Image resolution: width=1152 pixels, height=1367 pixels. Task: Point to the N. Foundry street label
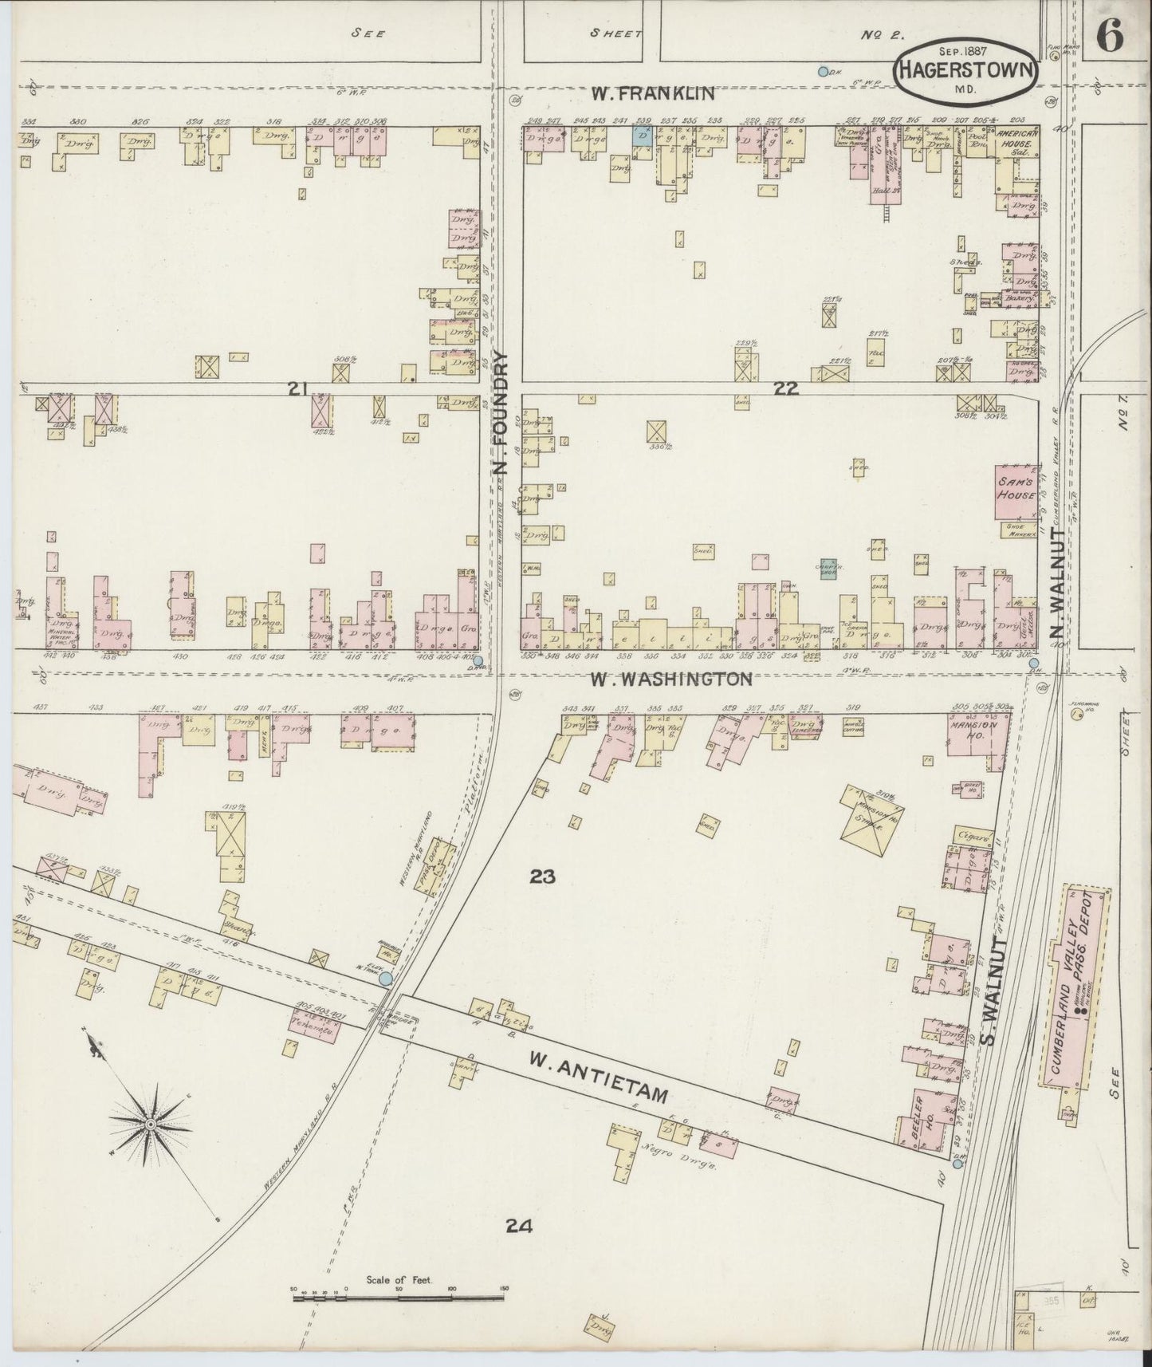(503, 423)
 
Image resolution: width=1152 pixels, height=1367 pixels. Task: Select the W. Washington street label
(670, 680)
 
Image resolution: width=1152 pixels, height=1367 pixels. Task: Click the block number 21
(298, 388)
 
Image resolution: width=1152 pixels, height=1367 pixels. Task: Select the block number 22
(784, 388)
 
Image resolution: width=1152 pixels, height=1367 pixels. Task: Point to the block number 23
(541, 877)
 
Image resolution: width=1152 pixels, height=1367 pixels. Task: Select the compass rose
(149, 1125)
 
